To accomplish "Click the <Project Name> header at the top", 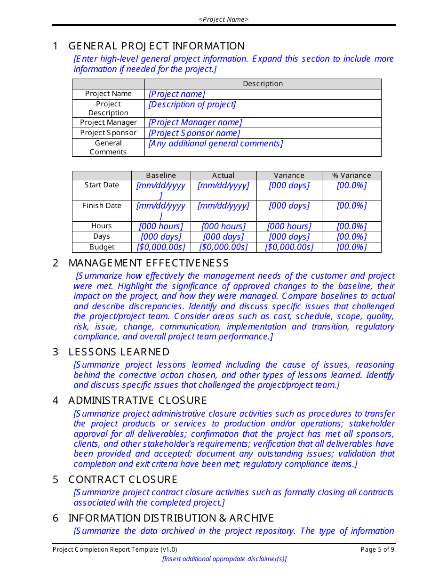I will click(x=223, y=19).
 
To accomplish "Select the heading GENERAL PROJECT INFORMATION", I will click(x=156, y=46).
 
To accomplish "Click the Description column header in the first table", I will click(x=263, y=84).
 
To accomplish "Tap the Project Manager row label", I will click(x=108, y=122).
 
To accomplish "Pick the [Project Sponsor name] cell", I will click(x=194, y=133).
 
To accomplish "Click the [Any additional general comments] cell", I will click(x=216, y=144).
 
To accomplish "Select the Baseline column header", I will click(x=161, y=175).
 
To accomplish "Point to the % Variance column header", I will click(x=351, y=175).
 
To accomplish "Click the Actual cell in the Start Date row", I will click(x=223, y=185).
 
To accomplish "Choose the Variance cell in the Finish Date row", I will click(x=289, y=206).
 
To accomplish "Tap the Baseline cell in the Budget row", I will click(x=161, y=247).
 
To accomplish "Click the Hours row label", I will click(x=102, y=226).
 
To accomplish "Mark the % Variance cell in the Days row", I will click(x=351, y=237).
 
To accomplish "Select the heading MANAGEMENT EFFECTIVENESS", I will click(x=148, y=263).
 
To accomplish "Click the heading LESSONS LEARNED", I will click(x=119, y=352).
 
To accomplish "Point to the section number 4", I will click(x=56, y=401).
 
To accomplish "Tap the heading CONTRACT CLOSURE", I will click(x=123, y=480).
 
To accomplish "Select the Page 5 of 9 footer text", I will click(x=377, y=549).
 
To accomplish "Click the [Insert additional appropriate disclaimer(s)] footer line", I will click(x=224, y=559).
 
